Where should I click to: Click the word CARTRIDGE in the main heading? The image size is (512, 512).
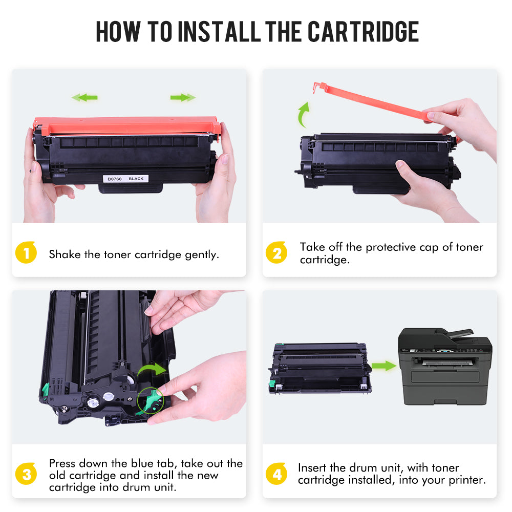(363, 31)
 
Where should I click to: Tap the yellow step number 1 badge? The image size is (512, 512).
(26, 252)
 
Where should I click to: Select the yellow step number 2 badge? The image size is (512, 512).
(276, 252)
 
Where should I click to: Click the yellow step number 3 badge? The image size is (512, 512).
(26, 474)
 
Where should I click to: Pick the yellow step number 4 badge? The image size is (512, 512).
(276, 474)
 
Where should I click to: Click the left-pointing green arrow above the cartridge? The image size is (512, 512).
(84, 97)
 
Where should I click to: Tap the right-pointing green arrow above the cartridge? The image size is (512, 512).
(183, 97)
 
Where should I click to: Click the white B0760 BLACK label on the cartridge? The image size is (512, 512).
(126, 179)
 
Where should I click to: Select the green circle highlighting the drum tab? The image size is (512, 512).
(150, 401)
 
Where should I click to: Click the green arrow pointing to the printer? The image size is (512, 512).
(383, 366)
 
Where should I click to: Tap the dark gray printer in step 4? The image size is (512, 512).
(445, 367)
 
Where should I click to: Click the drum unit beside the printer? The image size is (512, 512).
(320, 368)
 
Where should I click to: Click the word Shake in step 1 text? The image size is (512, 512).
(65, 254)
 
